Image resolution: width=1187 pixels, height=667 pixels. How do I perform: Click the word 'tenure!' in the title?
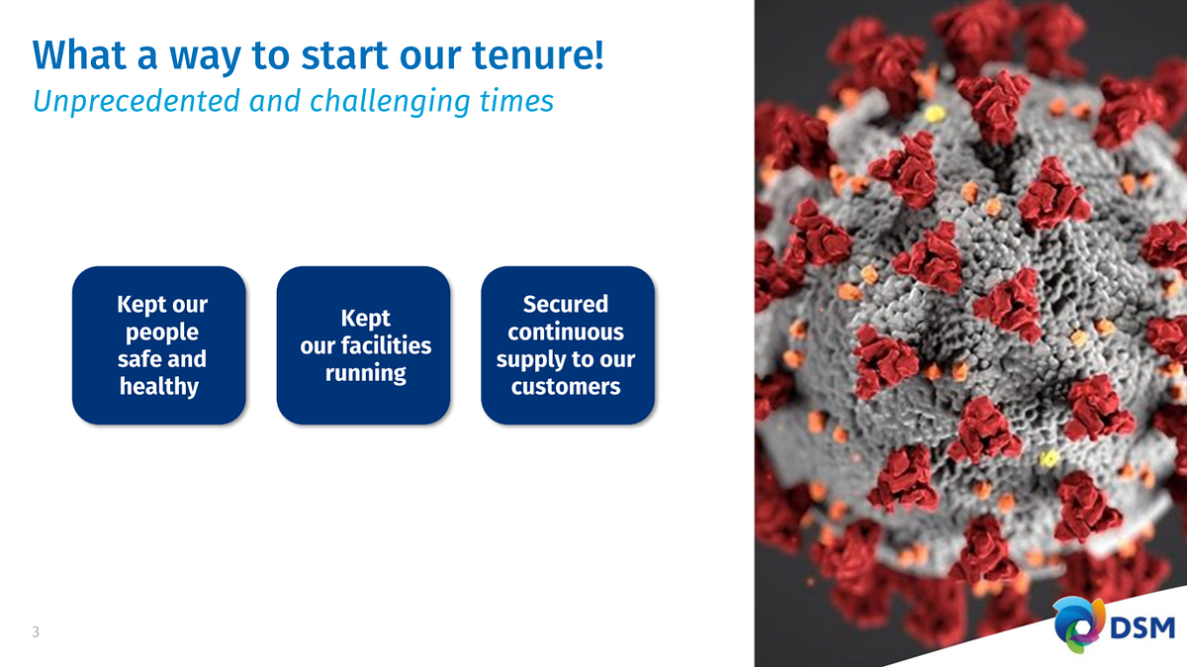coord(537,54)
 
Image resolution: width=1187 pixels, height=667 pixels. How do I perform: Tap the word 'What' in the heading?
coord(79,54)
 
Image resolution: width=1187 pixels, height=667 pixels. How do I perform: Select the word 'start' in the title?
coord(344,55)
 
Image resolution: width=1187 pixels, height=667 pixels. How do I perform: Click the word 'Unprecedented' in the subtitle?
coord(137,101)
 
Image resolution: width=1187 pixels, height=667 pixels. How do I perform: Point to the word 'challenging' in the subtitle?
coord(390,102)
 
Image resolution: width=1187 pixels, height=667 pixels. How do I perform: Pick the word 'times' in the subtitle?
coord(516,101)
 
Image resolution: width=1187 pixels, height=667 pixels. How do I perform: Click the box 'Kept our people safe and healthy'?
coord(159,345)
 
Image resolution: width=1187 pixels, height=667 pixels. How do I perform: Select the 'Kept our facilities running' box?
coord(364,345)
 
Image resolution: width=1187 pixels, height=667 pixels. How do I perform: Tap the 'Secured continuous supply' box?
coord(568,345)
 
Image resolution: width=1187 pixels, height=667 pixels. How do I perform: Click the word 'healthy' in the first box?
coord(159,386)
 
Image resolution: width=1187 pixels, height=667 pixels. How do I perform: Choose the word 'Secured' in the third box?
coord(566,304)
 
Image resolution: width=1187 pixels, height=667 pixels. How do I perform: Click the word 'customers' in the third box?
coord(566,387)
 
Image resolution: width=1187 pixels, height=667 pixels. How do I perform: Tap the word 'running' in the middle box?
coord(366,373)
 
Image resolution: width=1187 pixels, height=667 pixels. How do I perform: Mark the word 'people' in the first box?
coord(162,333)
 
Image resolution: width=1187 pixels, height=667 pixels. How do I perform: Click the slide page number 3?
coord(36,631)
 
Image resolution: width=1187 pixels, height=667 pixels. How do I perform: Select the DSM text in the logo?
coord(1142,628)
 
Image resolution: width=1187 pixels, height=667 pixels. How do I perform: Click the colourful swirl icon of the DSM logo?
coord(1079,624)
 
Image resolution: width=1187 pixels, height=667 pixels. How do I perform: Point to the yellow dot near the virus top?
coord(936,114)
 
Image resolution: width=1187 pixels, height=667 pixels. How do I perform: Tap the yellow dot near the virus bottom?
coord(1049,458)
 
